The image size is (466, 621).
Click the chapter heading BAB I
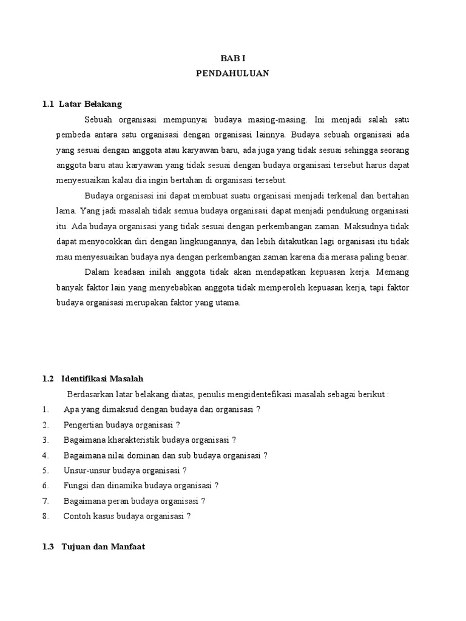[232, 58]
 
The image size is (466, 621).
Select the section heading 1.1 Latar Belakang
[83, 104]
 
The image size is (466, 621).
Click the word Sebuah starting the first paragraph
[99, 119]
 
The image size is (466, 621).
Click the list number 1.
[46, 409]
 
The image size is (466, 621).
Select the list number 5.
[46, 470]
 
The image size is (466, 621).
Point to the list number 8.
[46, 516]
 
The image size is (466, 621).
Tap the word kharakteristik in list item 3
[124, 440]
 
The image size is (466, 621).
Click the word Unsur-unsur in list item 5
[84, 470]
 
